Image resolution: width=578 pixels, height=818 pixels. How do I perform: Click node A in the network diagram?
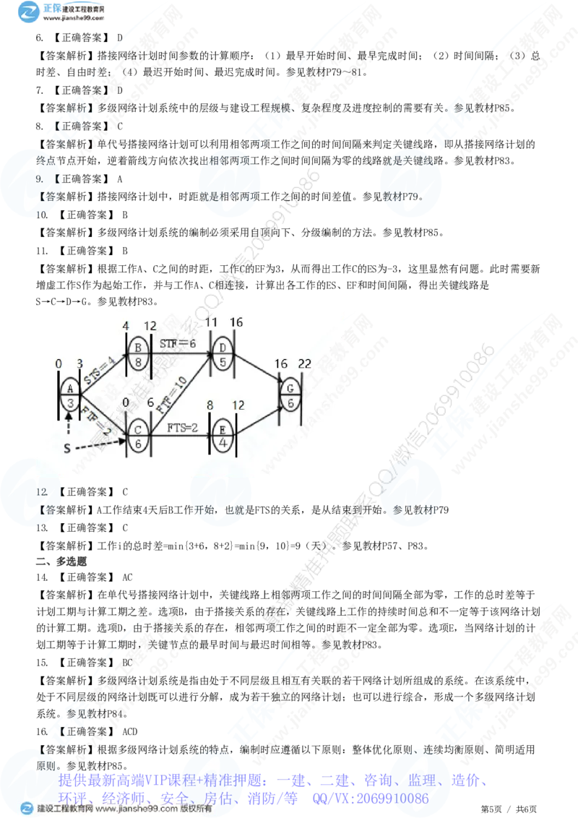point(69,396)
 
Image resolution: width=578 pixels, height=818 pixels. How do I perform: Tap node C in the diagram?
point(137,437)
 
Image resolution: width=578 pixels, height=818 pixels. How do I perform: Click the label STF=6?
point(178,343)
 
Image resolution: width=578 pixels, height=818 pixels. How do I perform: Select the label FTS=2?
point(183,428)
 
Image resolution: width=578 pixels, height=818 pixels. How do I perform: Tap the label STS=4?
point(99,367)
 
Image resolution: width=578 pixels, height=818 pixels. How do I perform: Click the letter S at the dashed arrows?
point(67,449)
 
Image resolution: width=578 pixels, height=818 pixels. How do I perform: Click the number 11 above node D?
point(211,321)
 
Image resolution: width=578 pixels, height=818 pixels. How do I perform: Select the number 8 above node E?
point(210,406)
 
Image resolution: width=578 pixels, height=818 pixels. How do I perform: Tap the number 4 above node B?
point(126,326)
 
